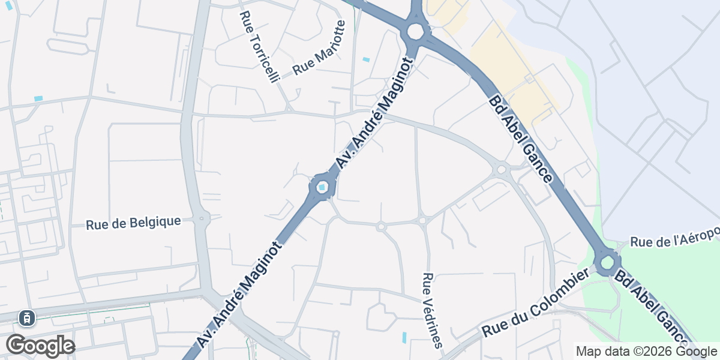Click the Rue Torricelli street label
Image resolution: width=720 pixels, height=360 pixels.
[260, 47]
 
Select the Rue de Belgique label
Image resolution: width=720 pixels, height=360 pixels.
[133, 223]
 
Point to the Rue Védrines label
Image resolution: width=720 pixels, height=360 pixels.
[432, 310]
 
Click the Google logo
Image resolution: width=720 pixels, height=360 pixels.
[40, 346]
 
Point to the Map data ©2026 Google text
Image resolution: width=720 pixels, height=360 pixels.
[646, 351]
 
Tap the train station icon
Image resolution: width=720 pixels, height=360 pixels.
[26, 317]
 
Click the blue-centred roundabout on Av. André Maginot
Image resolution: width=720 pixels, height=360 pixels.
[322, 188]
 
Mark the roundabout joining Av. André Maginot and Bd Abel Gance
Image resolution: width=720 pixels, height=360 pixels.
[415, 31]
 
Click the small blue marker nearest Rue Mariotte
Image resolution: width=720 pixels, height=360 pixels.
[366, 59]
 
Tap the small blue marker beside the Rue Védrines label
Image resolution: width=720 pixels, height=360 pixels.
[404, 337]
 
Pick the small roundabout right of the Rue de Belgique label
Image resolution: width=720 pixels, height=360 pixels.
[202, 218]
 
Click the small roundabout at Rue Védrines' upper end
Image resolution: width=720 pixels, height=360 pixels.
[422, 221]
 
